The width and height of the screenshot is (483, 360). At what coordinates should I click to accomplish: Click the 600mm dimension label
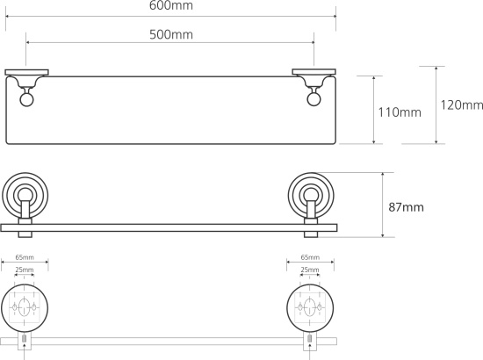171,5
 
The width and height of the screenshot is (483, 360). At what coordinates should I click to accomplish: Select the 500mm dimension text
171,34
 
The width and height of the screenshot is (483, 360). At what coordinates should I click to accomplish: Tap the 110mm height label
400,112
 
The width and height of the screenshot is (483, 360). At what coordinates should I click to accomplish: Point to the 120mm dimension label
461,105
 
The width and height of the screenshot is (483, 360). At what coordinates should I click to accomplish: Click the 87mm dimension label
406,207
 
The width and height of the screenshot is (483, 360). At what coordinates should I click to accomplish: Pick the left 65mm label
25,257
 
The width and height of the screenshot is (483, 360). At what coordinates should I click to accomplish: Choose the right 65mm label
310,257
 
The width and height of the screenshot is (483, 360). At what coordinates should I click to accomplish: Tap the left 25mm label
25,270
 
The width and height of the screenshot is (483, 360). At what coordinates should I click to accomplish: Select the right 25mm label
310,270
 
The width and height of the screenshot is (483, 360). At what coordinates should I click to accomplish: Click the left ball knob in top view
27,100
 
